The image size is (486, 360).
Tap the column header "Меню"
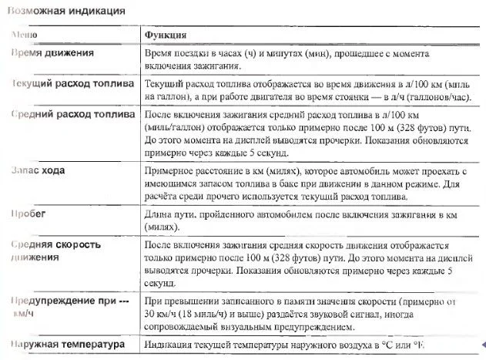20,35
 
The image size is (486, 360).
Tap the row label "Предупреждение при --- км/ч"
68,308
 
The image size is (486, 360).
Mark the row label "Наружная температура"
68,345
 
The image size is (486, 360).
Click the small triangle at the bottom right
481,345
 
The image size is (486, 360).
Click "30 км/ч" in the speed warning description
162,315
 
